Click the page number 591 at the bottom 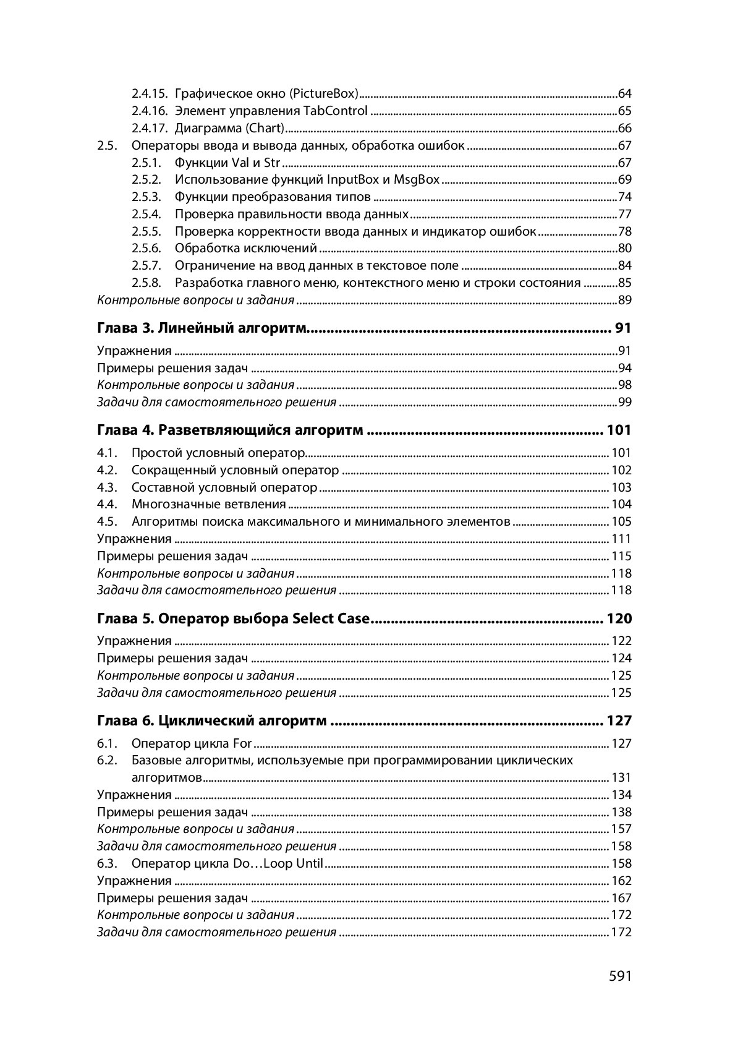click(x=620, y=976)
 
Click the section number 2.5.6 click(x=146, y=249)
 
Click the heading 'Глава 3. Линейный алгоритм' click(x=203, y=328)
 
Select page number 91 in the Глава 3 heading click(x=623, y=328)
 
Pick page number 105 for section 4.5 click(x=621, y=521)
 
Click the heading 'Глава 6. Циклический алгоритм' click(x=212, y=721)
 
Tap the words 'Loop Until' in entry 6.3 click(x=294, y=863)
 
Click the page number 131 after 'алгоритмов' click(x=621, y=777)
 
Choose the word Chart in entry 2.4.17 click(x=266, y=129)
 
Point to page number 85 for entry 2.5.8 click(x=624, y=283)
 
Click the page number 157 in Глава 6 click(x=621, y=829)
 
